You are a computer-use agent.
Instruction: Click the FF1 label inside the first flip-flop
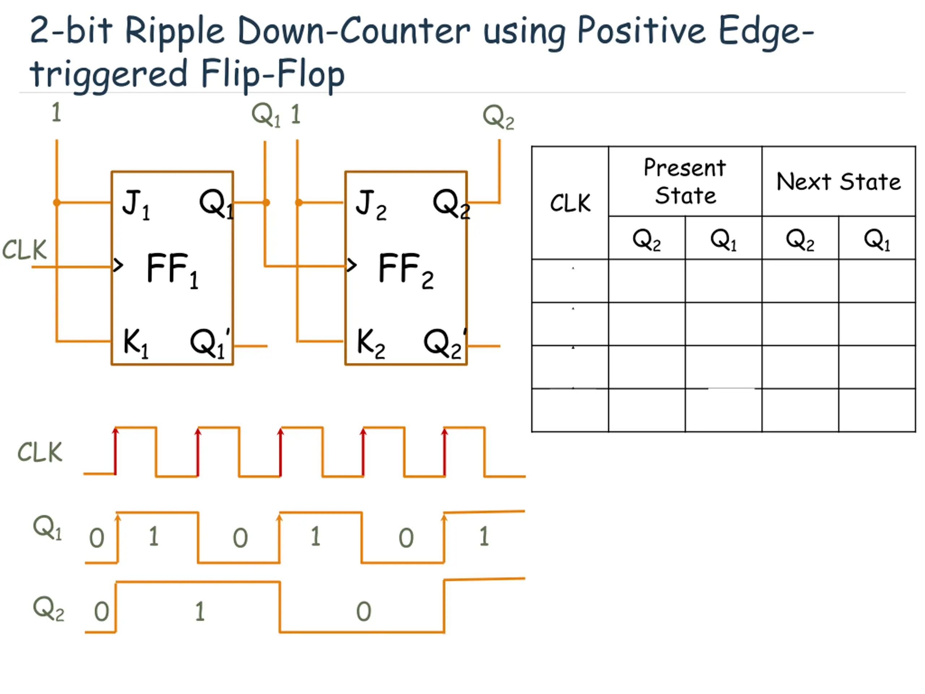coord(172,269)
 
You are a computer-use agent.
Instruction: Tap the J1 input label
coord(135,204)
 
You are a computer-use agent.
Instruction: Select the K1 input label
coord(135,343)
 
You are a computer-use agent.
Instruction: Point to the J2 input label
coord(370,204)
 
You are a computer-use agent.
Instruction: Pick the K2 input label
coord(370,343)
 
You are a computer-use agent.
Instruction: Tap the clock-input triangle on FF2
coord(352,265)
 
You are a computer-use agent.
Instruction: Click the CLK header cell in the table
coord(570,203)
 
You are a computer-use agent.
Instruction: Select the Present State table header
coord(685,181)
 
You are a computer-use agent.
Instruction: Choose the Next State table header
coord(838,181)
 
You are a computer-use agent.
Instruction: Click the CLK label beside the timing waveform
coord(40,452)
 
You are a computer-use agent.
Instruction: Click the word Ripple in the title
coord(175,32)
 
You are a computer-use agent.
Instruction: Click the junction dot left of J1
coord(57,203)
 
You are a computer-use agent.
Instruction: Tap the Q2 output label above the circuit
coord(498,117)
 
